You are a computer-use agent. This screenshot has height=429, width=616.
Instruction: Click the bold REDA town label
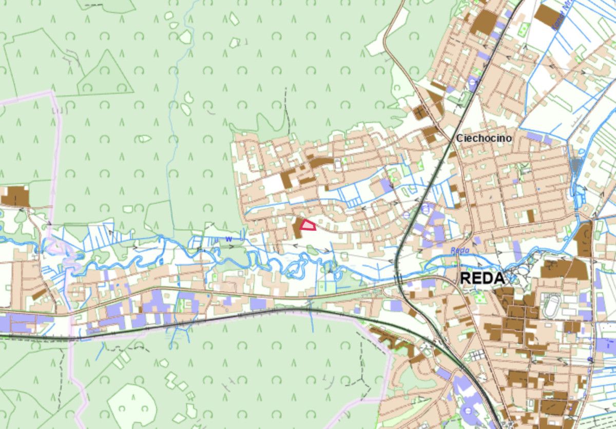pos(482,279)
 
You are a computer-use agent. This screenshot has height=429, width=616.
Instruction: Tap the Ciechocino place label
pos(484,139)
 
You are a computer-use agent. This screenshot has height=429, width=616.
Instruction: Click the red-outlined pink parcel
pos(307,225)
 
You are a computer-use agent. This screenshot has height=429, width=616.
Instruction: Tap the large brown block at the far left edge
pos(15,196)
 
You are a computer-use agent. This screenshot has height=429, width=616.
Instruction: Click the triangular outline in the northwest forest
pos(105,74)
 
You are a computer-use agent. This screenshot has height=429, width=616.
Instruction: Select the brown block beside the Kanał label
pos(547,15)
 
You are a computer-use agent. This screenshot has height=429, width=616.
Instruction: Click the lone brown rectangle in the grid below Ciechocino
pos(530,216)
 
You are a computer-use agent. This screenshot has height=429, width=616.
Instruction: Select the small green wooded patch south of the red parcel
pos(312,250)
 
